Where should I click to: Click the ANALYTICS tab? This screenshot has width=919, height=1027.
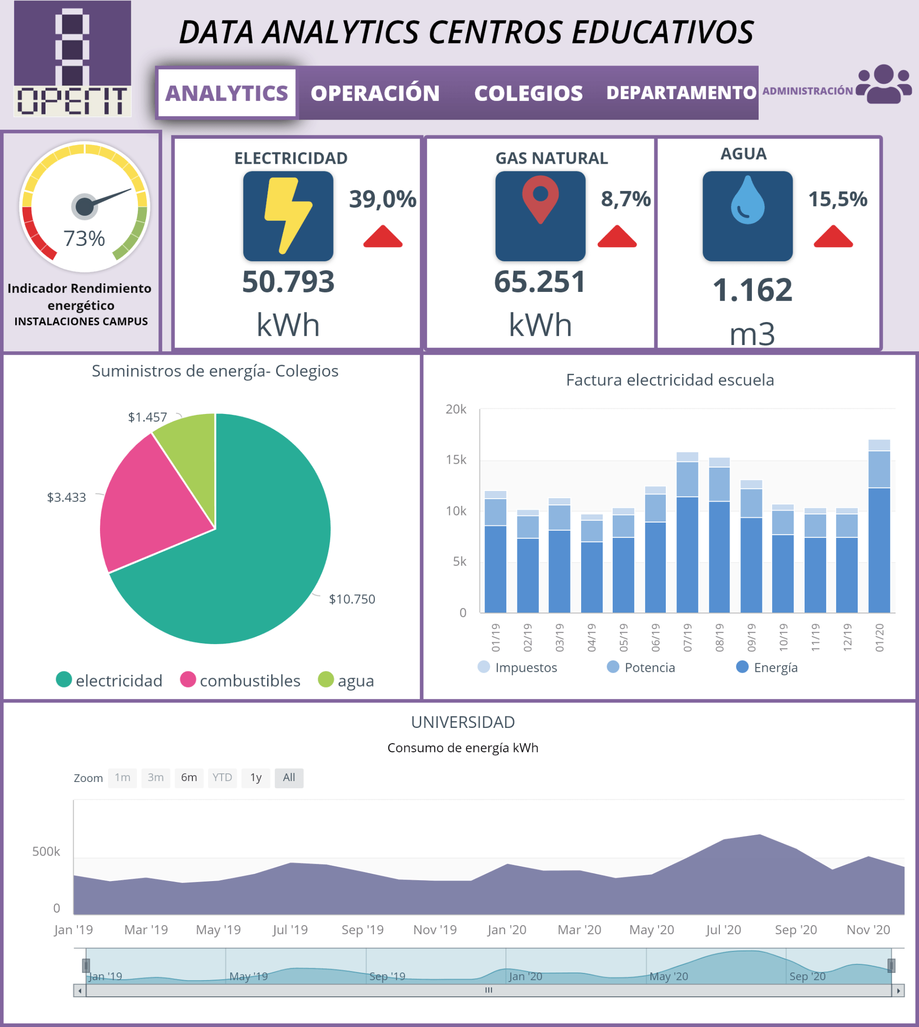coord(226,93)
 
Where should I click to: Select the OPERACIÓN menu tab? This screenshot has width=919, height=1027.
coord(375,93)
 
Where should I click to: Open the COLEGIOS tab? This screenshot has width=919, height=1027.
coord(528,93)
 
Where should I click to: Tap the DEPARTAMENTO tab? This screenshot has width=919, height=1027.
coord(681,93)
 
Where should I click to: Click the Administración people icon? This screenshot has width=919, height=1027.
coord(884,84)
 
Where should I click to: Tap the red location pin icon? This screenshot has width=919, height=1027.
coord(540,199)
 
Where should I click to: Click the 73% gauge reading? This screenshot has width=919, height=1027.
coord(84,238)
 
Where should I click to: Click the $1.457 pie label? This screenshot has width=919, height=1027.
coord(147,417)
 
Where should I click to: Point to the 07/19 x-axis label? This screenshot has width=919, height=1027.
coord(687,637)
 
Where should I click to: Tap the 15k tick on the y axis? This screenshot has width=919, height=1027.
coord(456,460)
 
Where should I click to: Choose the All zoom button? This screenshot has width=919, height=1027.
coord(289,778)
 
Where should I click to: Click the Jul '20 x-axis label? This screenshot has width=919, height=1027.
coord(723,929)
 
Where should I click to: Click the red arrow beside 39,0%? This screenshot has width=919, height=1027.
coord(383,237)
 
